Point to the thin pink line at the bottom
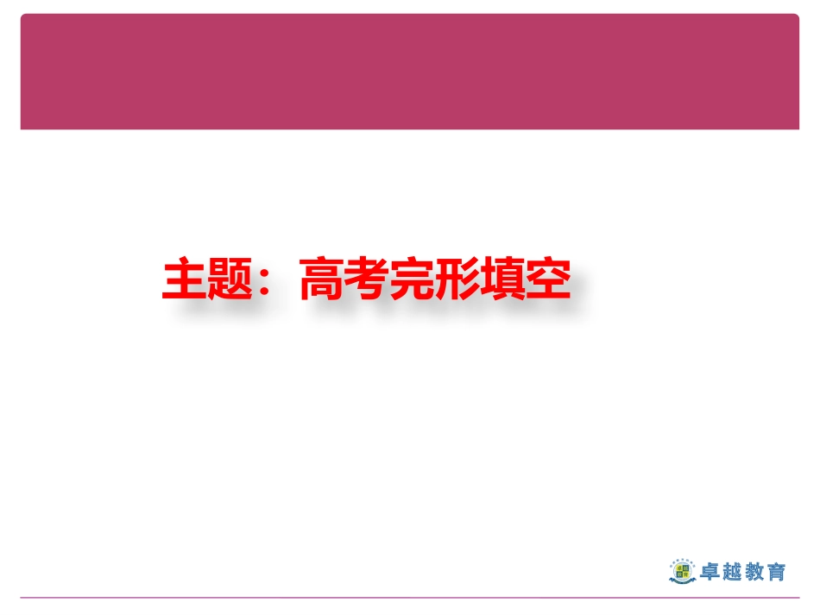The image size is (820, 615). click(409, 597)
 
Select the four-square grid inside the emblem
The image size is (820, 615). click(681, 569)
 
